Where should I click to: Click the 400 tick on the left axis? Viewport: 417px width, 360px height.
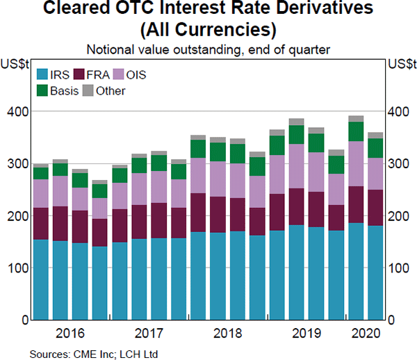pos(19,112)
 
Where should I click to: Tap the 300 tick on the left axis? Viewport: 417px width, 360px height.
pos(19,164)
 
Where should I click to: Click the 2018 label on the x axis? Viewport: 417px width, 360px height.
pos(227,332)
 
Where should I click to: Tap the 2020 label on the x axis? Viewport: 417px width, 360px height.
pos(364,332)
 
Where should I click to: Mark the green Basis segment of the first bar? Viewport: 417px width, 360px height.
pos(41,173)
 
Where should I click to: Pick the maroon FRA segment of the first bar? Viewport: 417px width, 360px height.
pos(41,224)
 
